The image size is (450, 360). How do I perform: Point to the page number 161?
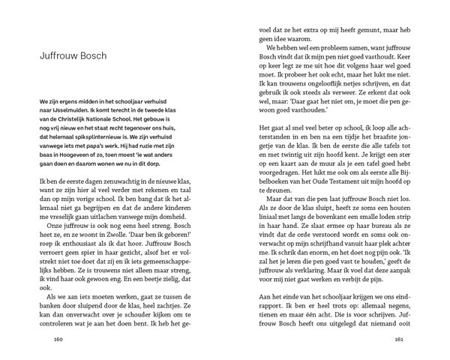(x=399, y=338)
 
